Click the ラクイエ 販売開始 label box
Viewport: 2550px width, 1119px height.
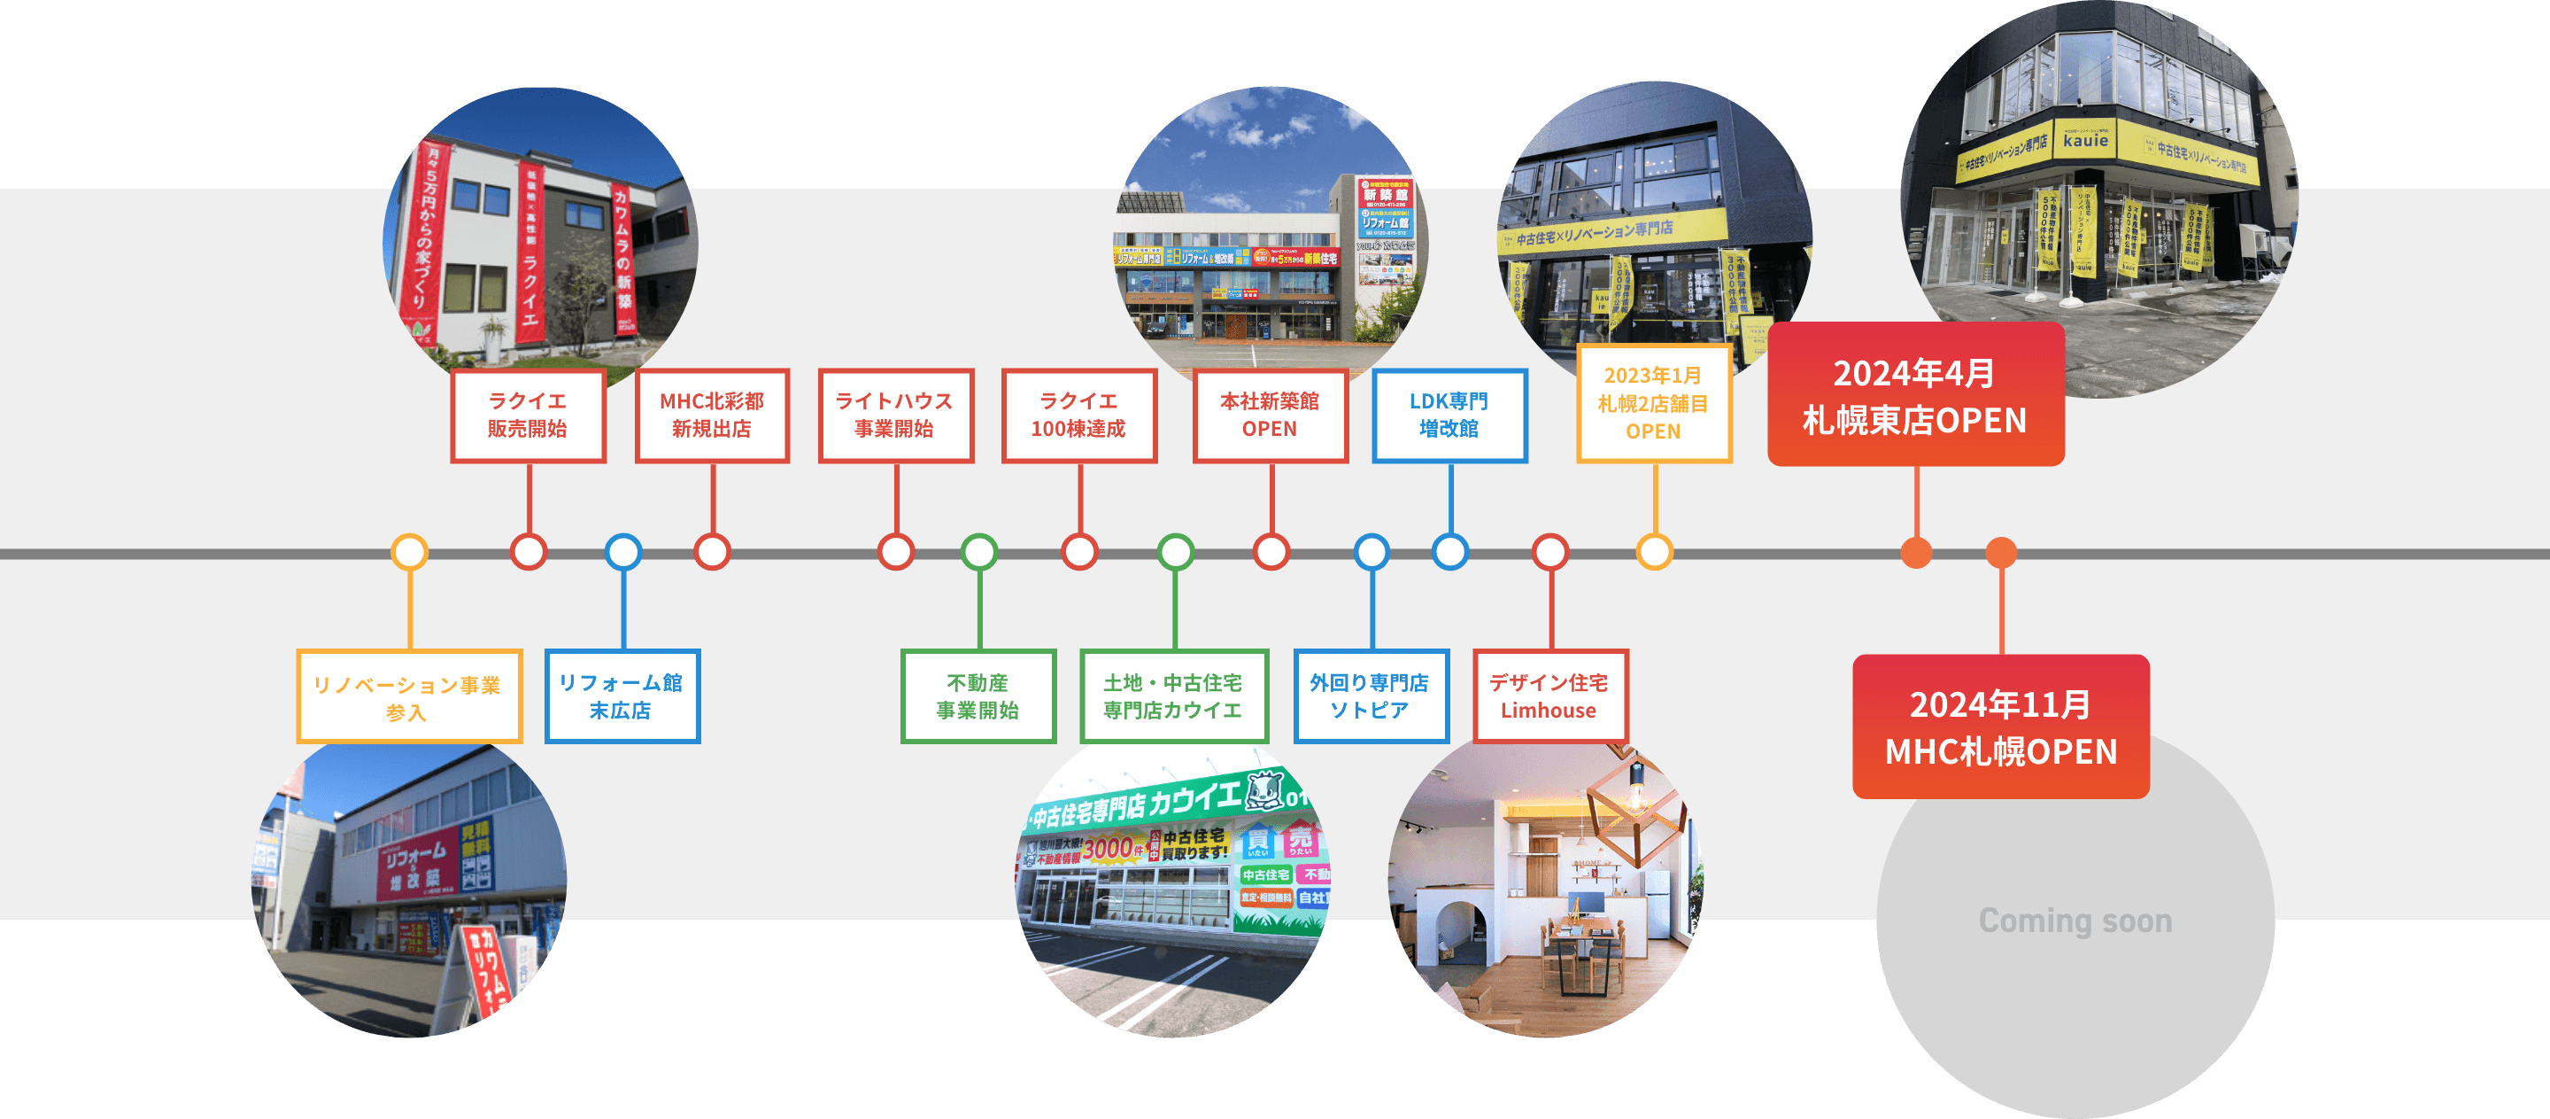(x=528, y=415)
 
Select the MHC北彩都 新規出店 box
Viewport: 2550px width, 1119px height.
(x=712, y=415)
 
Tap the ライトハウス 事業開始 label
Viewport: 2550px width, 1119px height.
(x=895, y=415)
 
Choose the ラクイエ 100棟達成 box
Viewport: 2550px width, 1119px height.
(x=1079, y=415)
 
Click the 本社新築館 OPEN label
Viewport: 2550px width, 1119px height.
(x=1270, y=415)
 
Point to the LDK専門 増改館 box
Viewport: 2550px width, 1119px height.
(x=1449, y=415)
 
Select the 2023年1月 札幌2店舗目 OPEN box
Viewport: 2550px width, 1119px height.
(x=1653, y=403)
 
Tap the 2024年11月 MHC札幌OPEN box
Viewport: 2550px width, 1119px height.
(x=2001, y=727)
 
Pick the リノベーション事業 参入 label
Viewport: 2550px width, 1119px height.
(x=408, y=697)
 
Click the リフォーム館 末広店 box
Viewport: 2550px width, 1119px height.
(x=622, y=696)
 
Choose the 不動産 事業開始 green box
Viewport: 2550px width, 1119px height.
(x=978, y=696)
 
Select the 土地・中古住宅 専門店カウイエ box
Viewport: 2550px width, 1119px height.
(x=1173, y=696)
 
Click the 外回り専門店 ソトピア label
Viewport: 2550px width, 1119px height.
(x=1370, y=696)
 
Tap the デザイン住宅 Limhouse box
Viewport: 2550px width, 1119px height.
(x=1549, y=696)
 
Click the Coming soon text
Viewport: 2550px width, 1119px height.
(x=2075, y=921)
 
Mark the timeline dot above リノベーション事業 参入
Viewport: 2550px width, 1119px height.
(x=409, y=552)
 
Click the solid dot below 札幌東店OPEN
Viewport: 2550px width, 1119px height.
(x=1916, y=552)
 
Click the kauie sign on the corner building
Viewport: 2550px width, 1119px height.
(x=2085, y=142)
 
